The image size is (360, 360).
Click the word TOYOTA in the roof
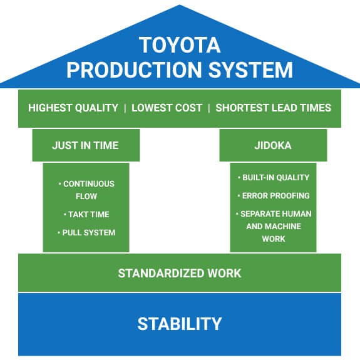[180, 45]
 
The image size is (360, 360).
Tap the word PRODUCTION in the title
[134, 69]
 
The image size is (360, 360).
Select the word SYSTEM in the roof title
[250, 69]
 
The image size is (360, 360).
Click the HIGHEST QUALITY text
[73, 108]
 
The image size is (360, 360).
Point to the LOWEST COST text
[167, 108]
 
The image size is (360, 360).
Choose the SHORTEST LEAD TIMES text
[273, 108]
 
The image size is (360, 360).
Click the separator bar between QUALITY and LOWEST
[125, 108]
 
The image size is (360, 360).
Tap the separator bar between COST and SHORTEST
[209, 108]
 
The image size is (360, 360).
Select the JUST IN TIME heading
[85, 145]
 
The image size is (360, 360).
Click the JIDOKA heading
[273, 145]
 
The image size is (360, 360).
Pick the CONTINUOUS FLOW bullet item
[86, 190]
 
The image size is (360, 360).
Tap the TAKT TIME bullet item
[86, 215]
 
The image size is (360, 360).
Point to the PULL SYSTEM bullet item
[86, 232]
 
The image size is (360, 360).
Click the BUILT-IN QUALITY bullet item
[274, 177]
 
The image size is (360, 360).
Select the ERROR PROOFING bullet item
[274, 195]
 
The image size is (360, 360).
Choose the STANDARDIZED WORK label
[180, 273]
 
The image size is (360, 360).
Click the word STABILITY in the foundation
[180, 324]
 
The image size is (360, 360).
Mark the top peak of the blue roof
[180, 5]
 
